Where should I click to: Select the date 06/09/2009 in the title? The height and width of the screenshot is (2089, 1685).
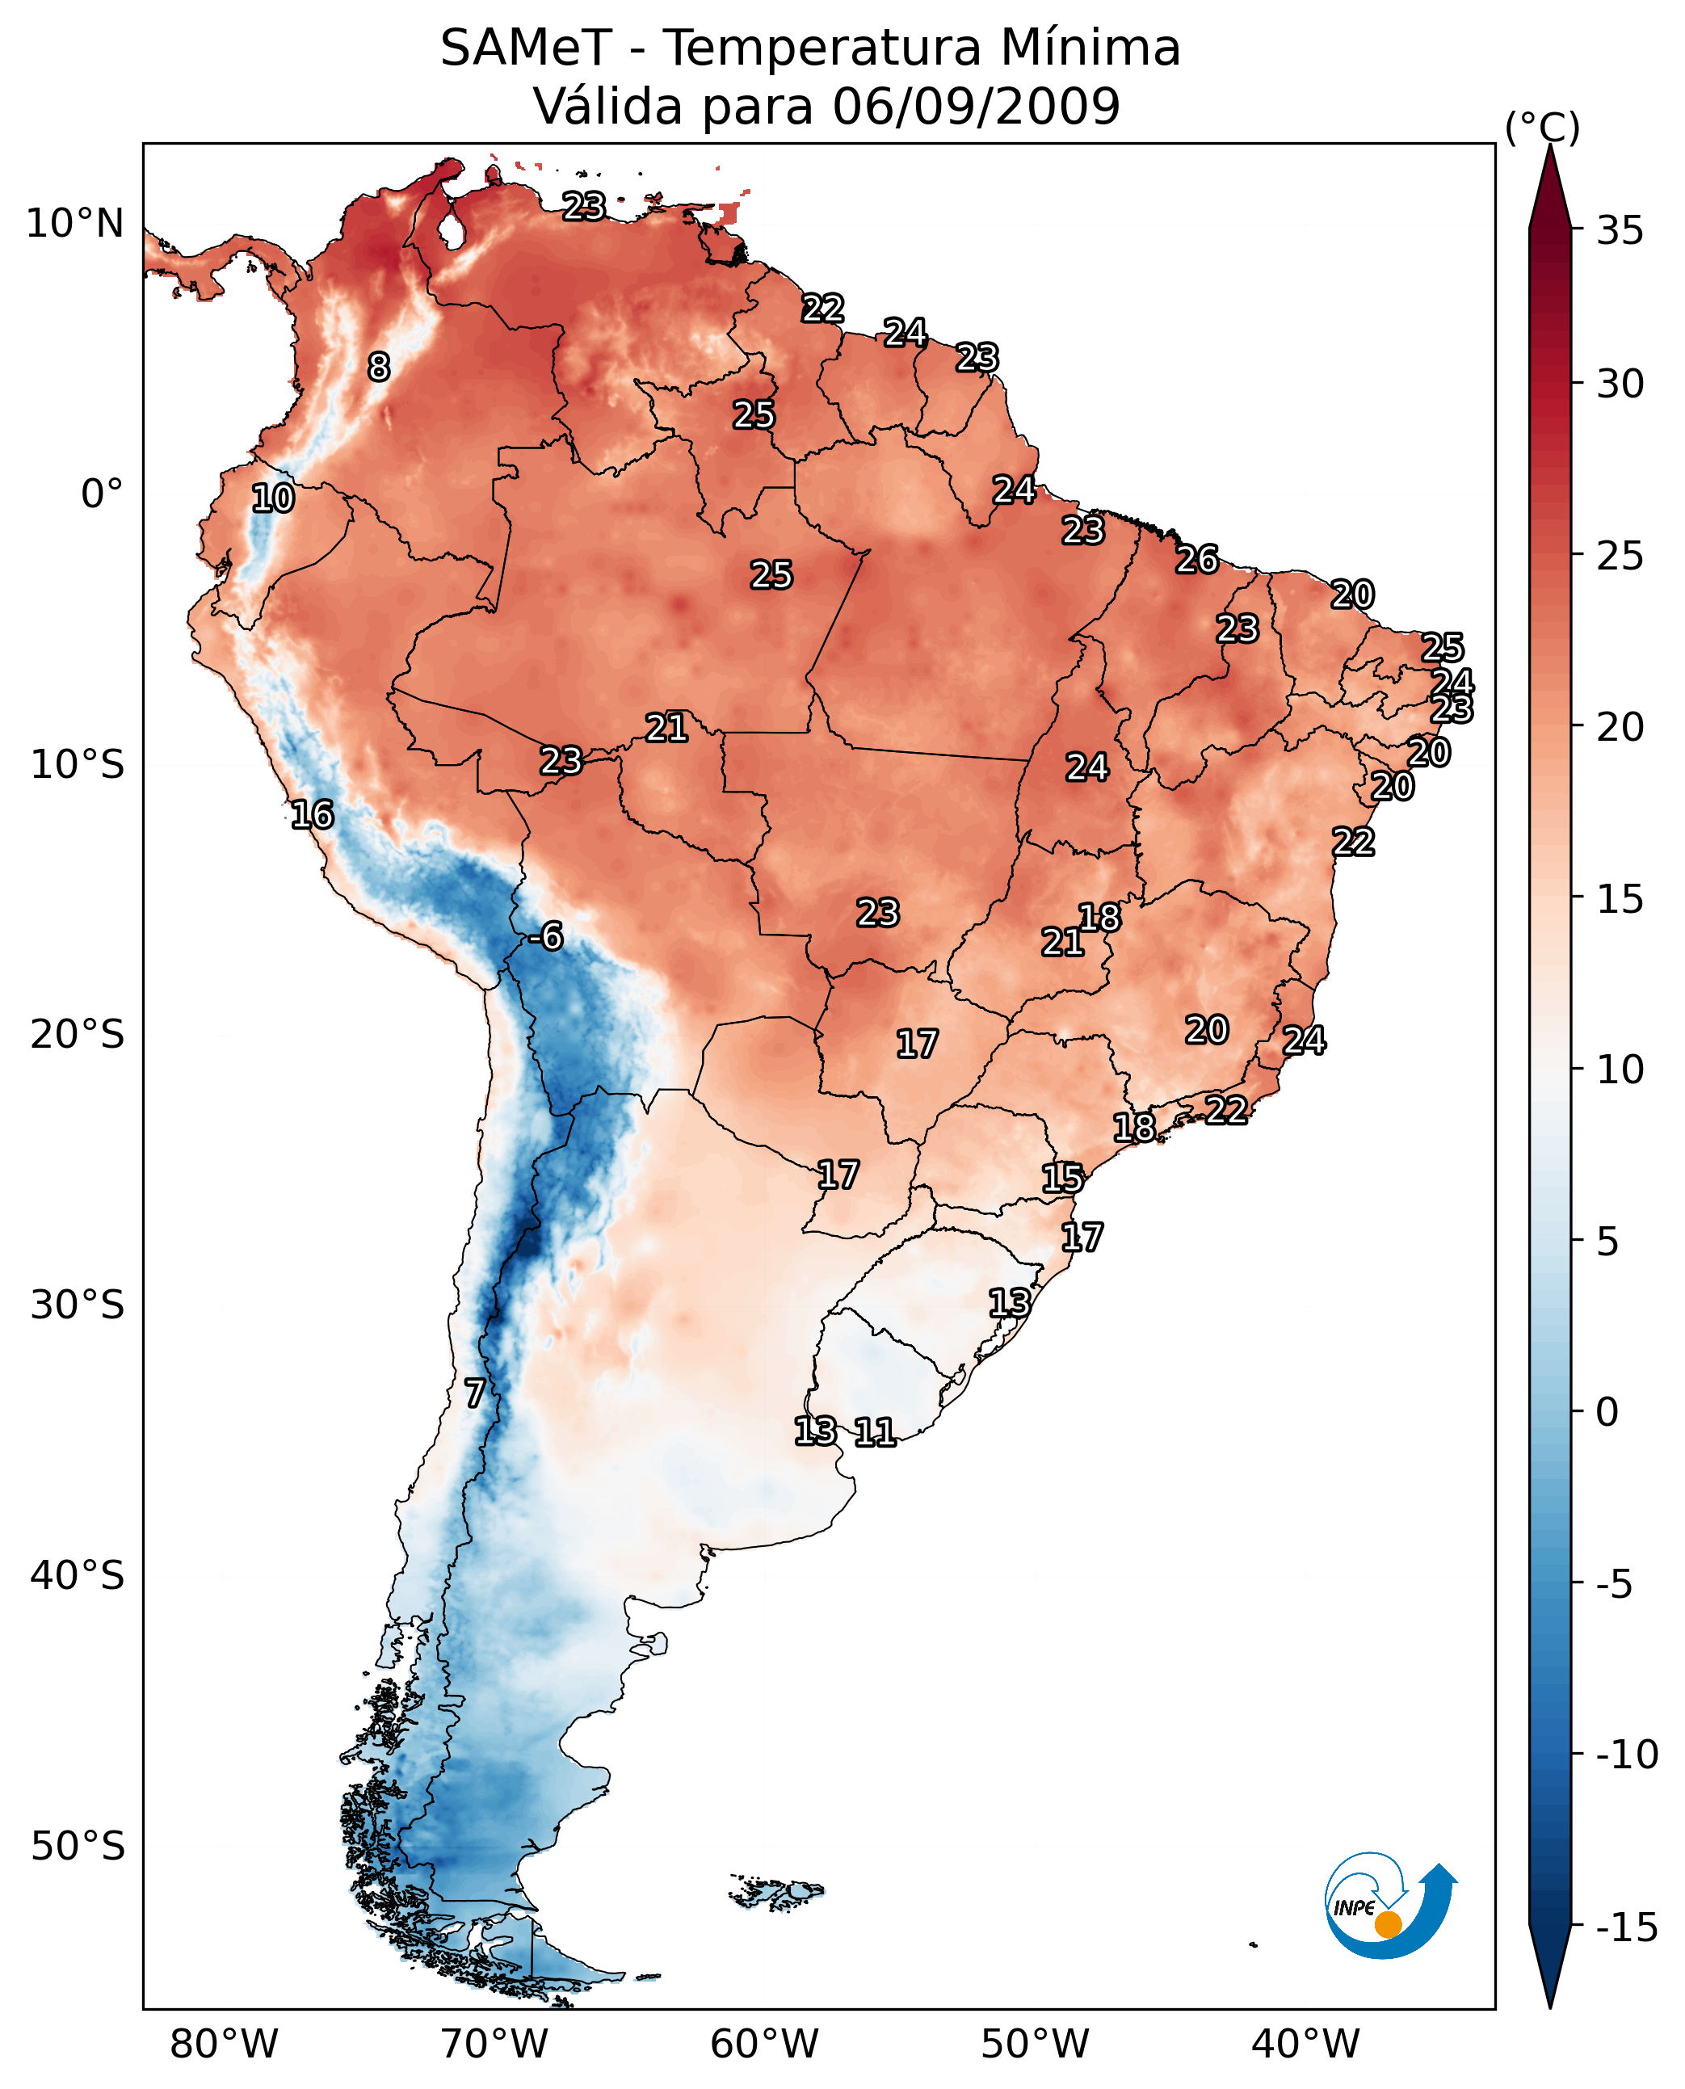click(976, 106)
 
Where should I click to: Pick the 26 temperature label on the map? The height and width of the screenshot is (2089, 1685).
click(1197, 559)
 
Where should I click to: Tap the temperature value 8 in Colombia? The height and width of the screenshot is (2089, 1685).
click(379, 367)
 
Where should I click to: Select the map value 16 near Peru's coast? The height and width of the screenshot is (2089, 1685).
click(313, 814)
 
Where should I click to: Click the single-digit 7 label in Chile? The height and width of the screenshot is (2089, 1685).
click(473, 1393)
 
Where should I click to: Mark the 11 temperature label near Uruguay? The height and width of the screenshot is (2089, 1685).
click(875, 1431)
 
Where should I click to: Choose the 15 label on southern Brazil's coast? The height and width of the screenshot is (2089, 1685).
click(1062, 1179)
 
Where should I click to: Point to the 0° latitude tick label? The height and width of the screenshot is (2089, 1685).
click(102, 494)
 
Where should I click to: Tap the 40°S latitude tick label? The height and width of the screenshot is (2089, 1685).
click(77, 1574)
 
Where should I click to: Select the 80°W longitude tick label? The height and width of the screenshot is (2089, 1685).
click(225, 2044)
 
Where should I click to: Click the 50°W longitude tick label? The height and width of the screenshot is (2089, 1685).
click(1035, 2044)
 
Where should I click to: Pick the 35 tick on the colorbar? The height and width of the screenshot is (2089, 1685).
click(1620, 231)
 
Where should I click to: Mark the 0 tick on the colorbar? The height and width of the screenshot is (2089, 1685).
click(1607, 1411)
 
